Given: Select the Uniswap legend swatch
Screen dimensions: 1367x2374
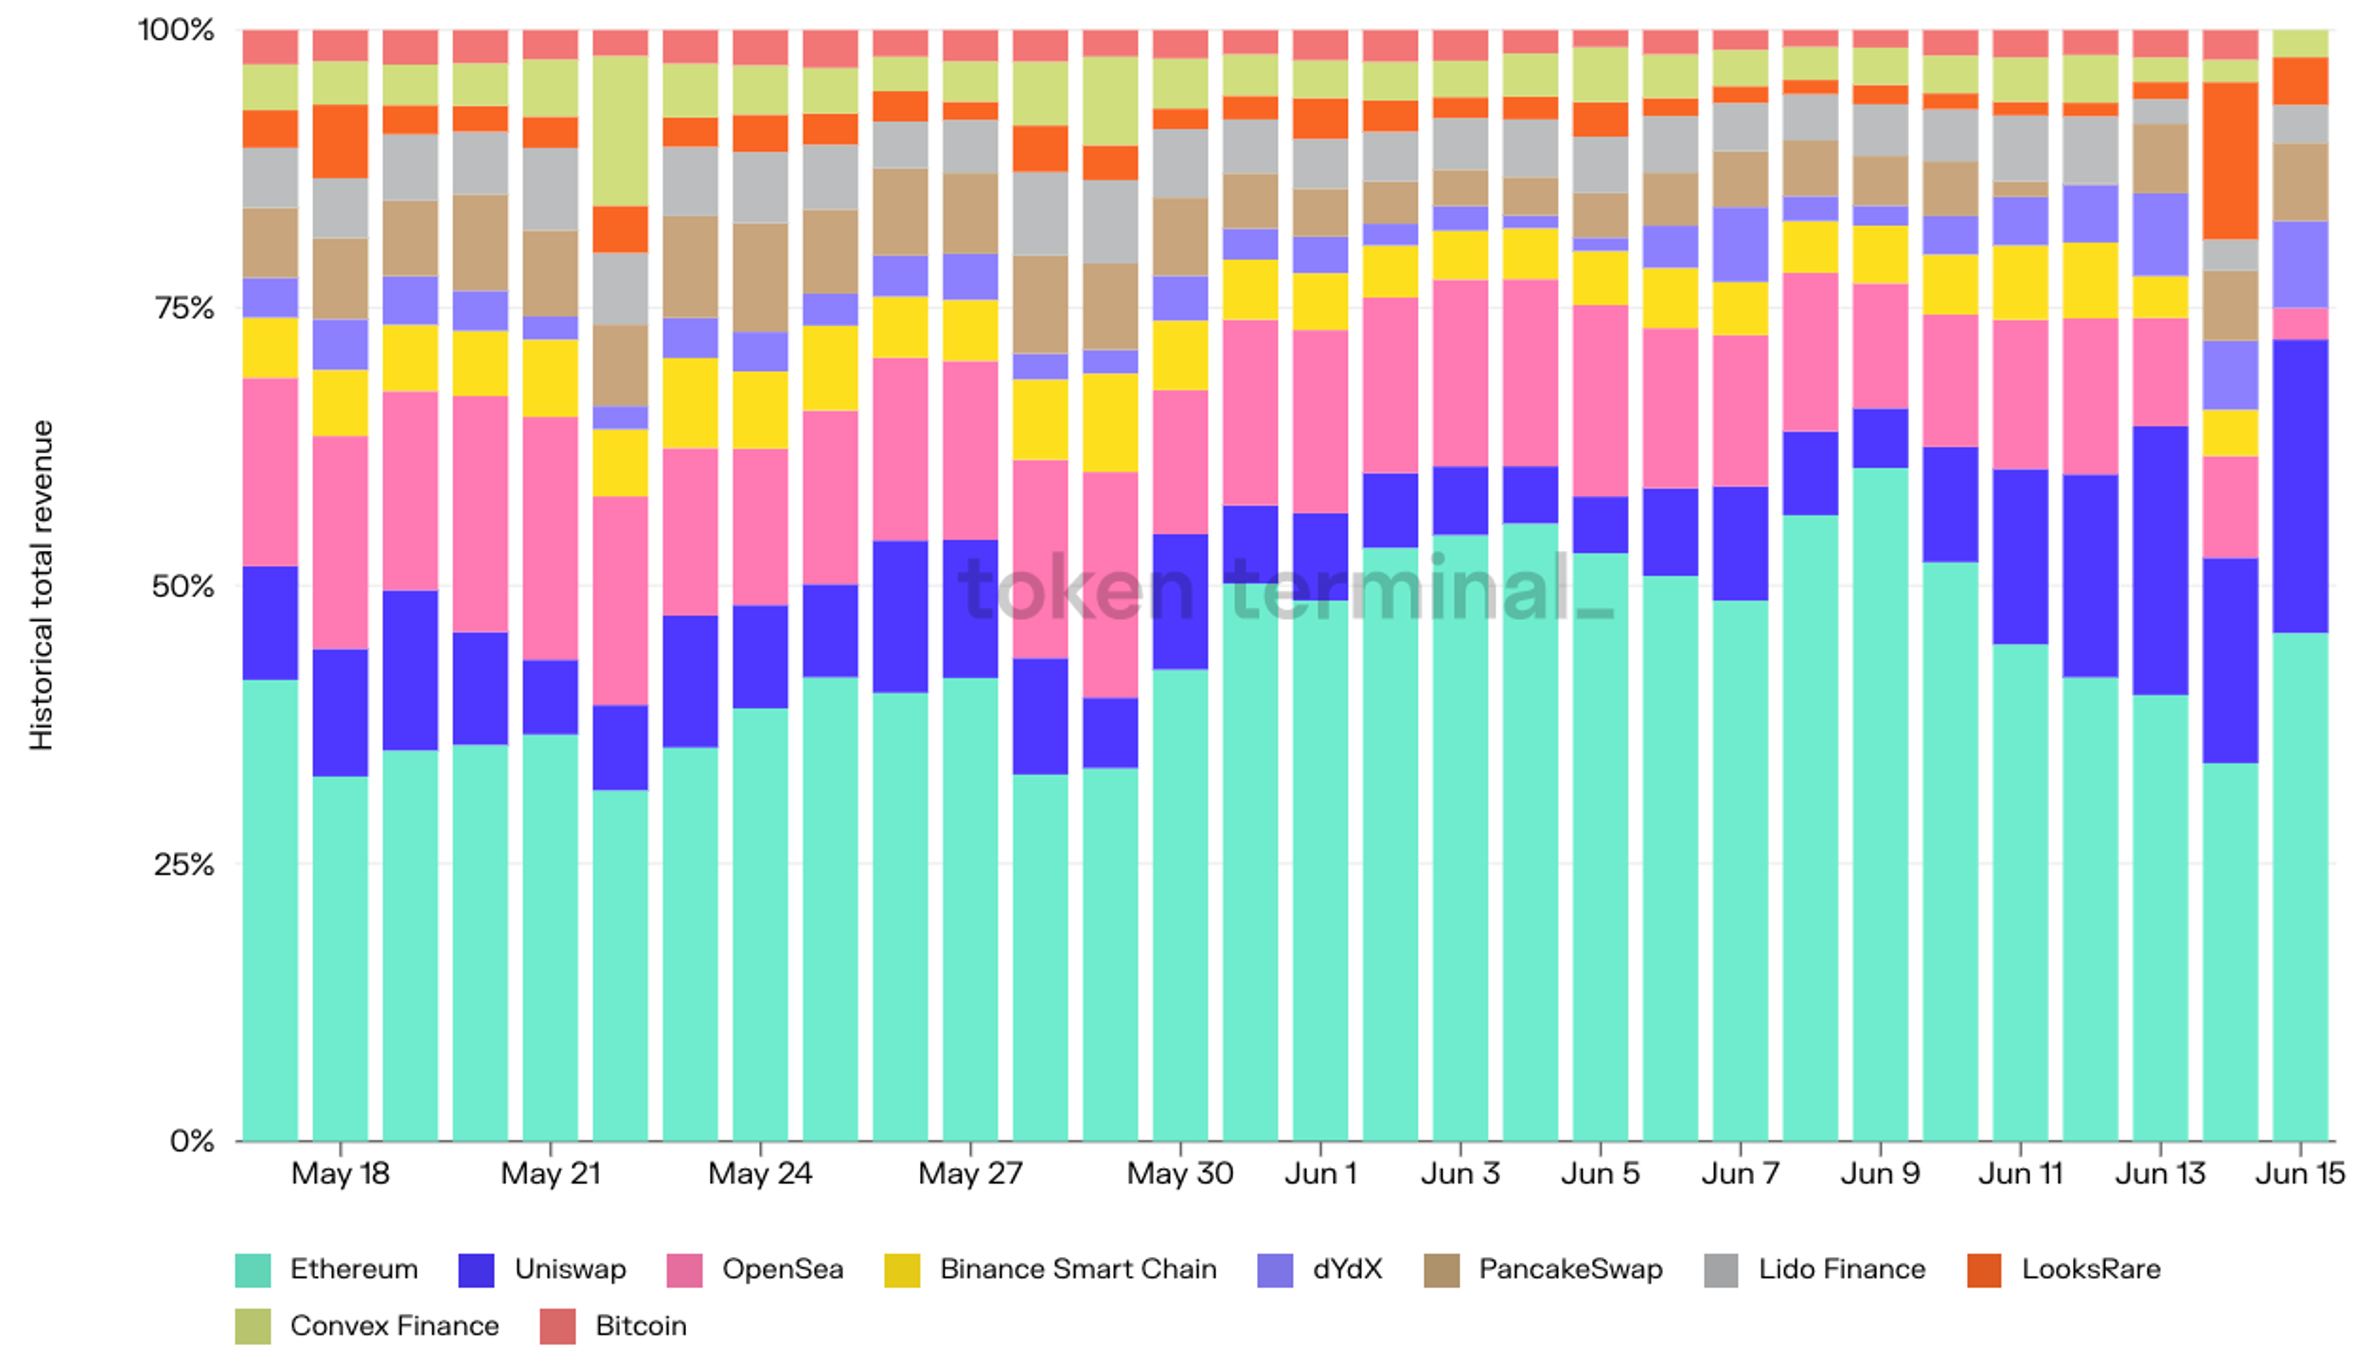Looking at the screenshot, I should click(476, 1271).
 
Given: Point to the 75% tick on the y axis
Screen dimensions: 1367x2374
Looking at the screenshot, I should click(185, 308).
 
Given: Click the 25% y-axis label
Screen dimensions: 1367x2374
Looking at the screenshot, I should click(185, 864).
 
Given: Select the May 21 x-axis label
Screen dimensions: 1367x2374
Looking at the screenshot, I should click(550, 1173).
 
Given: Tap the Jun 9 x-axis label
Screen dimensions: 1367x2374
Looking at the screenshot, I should click(1879, 1173).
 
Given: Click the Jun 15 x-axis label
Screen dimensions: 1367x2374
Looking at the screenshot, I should click(2300, 1173).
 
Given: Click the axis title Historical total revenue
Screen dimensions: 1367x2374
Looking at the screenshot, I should click(41, 585).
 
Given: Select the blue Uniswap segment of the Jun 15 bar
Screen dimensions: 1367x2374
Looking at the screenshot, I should click(2300, 485).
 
